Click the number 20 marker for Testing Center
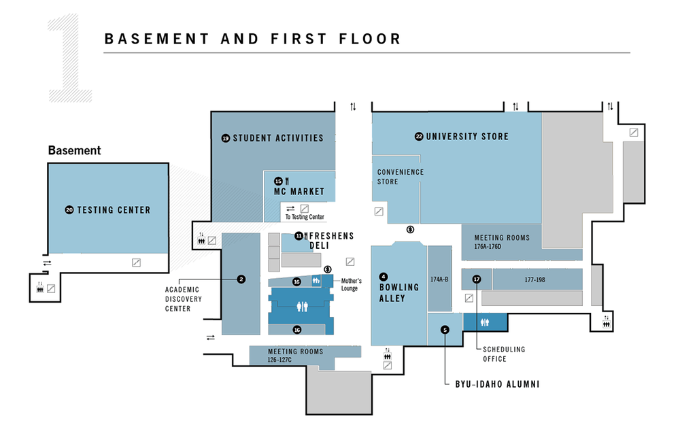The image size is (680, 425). click(69, 210)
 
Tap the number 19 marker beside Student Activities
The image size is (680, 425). click(226, 138)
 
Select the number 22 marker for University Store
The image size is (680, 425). click(419, 137)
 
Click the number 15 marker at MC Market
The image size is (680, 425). click(278, 181)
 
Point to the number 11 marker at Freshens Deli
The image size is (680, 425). click(299, 236)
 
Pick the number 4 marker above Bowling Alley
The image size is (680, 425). click(384, 277)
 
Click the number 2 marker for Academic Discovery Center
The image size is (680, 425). click(241, 279)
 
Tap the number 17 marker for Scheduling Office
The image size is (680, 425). click(477, 279)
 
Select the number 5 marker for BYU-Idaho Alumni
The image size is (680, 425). click(445, 330)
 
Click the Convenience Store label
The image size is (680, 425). click(401, 177)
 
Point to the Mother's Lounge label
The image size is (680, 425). click(351, 284)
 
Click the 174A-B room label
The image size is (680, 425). click(439, 279)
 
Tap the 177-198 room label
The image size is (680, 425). click(535, 279)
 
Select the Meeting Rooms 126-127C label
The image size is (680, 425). click(286, 356)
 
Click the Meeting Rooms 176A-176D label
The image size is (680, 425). click(502, 242)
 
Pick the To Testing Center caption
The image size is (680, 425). click(304, 217)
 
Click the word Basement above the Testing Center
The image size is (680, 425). click(74, 150)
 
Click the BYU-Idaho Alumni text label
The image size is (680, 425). click(498, 384)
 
